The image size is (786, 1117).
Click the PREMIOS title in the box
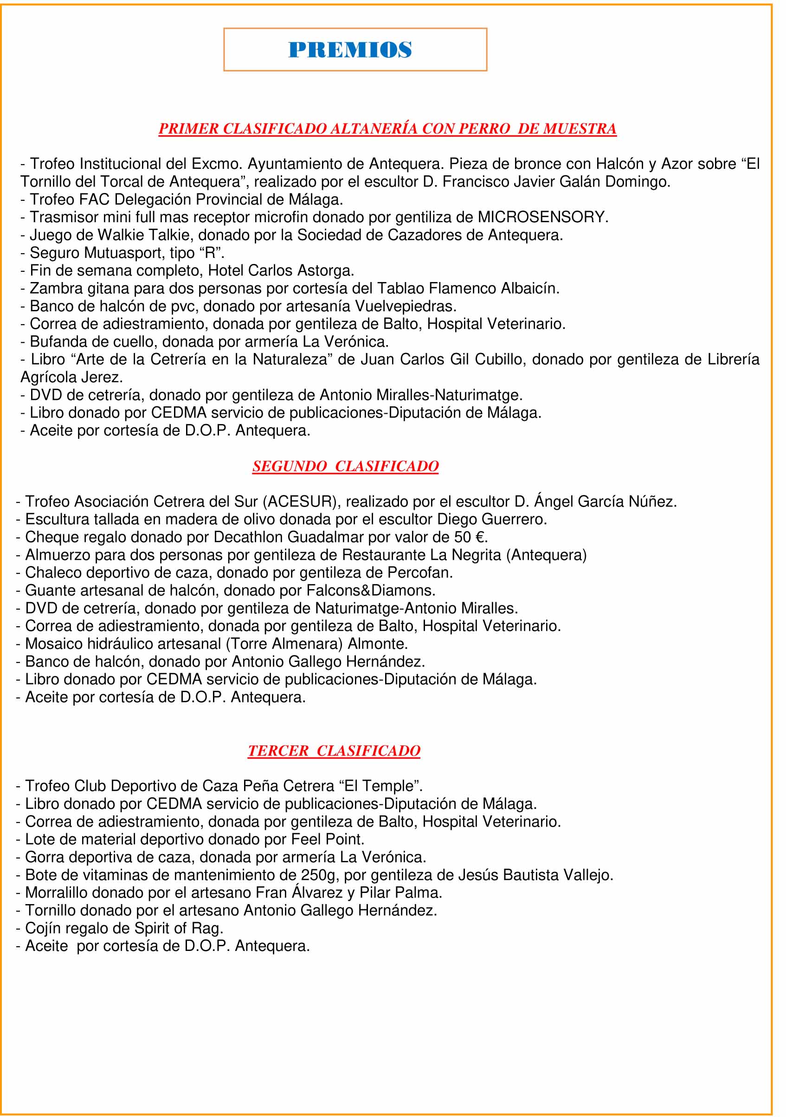tap(350, 50)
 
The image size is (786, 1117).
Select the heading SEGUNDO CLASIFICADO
tap(345, 466)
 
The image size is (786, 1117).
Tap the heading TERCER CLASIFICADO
tap(334, 750)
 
